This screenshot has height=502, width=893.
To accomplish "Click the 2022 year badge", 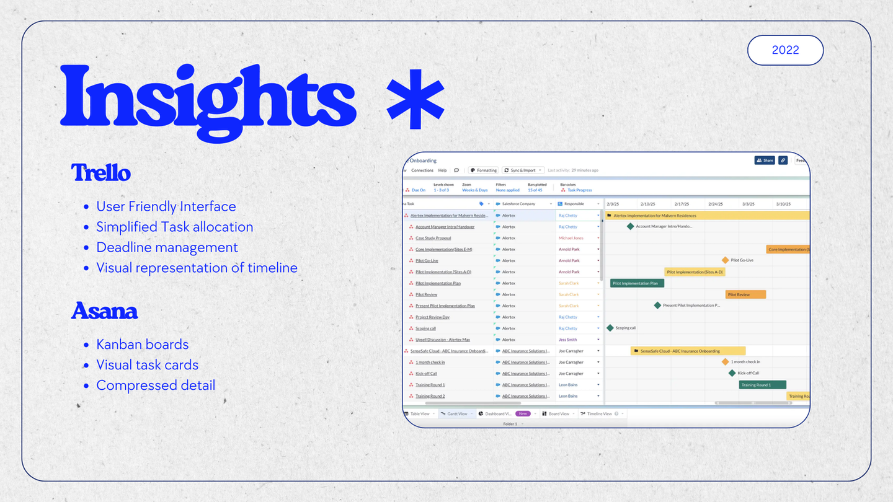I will [x=785, y=50].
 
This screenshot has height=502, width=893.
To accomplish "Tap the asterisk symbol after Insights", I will [x=415, y=100].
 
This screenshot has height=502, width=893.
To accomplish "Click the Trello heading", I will [x=100, y=172].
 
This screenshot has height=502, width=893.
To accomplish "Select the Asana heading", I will [x=104, y=310].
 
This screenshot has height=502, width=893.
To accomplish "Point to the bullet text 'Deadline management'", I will [x=167, y=247].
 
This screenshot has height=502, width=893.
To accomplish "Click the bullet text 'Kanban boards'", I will [x=142, y=345].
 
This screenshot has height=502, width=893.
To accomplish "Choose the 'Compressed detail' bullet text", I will [x=156, y=385].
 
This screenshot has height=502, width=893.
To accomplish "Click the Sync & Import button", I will [x=523, y=170].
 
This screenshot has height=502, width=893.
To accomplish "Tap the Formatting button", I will [x=483, y=170].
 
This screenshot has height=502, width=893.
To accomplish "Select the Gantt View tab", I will [x=457, y=414].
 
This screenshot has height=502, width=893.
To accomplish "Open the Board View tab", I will [x=558, y=414].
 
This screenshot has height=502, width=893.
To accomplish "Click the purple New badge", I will [x=523, y=414].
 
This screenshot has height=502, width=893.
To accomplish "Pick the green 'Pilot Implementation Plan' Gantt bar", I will [x=637, y=283].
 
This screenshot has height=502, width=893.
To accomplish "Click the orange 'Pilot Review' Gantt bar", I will [x=745, y=294].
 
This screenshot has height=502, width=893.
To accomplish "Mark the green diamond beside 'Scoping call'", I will [x=610, y=328].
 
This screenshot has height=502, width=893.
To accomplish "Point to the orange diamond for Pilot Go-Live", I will [x=725, y=260].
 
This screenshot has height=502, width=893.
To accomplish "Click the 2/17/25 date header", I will [x=682, y=204].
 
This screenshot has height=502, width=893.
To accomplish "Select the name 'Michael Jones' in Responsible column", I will [x=571, y=238].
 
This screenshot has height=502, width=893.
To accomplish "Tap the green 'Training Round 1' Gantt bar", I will [x=762, y=385].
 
